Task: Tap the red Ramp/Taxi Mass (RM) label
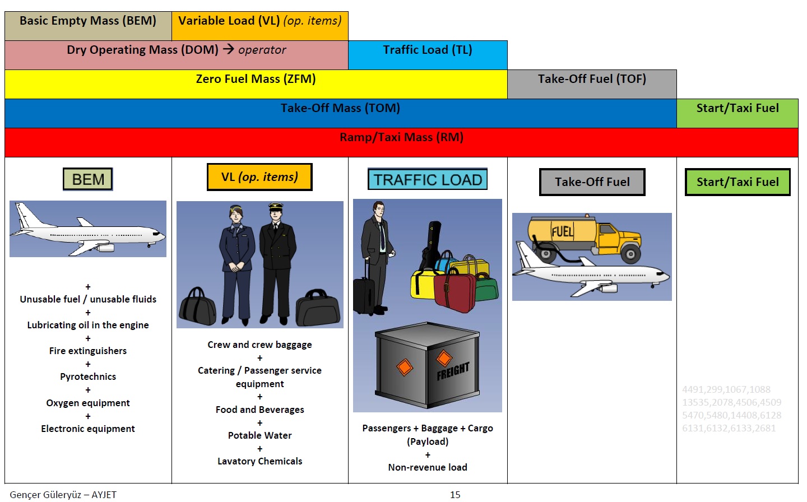401,138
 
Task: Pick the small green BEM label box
88,179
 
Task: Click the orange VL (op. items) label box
259,177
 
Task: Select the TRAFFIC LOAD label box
428,179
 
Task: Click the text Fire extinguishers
88,351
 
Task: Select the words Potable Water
259,435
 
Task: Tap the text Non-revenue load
428,467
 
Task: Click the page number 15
455,495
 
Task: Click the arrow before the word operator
228,49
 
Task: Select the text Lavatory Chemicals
259,461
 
